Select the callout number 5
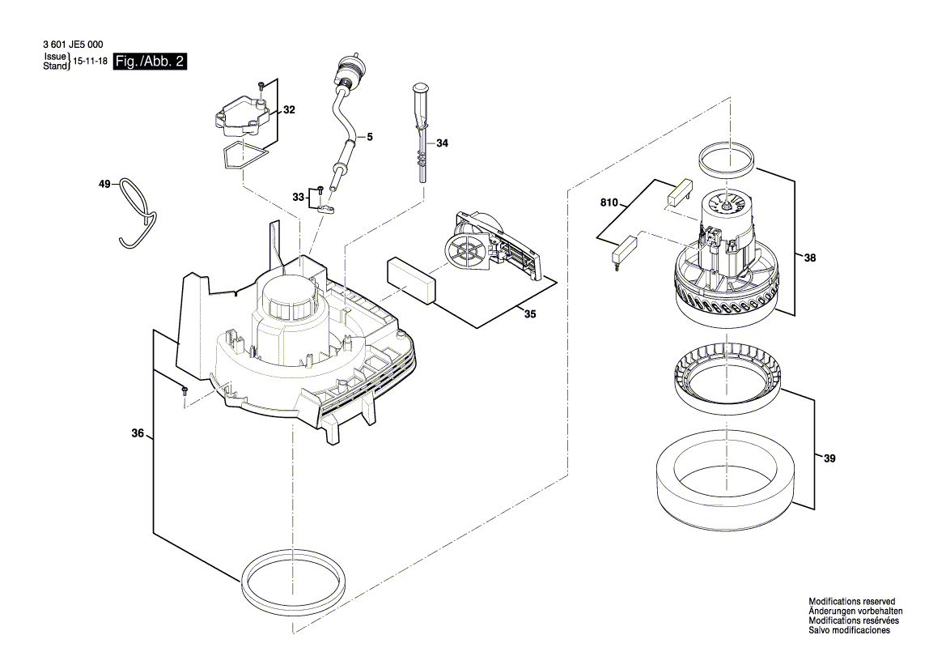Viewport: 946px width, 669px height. click(x=370, y=138)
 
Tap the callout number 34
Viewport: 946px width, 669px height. click(x=442, y=143)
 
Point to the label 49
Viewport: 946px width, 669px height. click(x=104, y=185)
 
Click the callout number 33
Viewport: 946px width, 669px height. click(x=298, y=197)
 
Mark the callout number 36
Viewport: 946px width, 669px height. click(x=138, y=434)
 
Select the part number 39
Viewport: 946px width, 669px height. click(x=829, y=458)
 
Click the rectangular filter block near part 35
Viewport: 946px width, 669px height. click(x=411, y=279)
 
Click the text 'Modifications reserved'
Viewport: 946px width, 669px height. click(x=852, y=602)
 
